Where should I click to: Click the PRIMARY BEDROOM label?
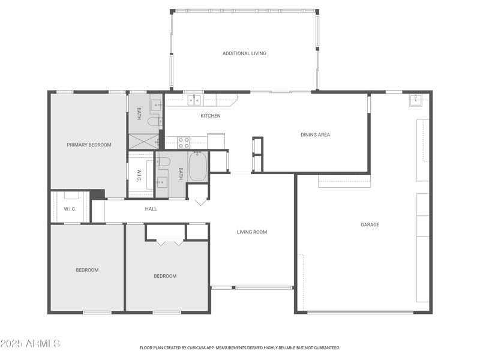point(89,145)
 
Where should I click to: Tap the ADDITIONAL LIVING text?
point(244,53)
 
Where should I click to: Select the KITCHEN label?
point(210,116)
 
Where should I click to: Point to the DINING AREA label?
point(315,135)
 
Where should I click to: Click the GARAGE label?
point(370,224)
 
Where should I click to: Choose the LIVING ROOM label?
point(251,232)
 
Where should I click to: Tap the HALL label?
point(151,209)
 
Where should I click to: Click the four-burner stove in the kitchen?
point(184,143)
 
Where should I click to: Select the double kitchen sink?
point(193,100)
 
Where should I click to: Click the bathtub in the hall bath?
point(197,167)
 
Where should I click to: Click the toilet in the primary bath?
point(154,122)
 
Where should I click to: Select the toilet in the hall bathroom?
point(164,161)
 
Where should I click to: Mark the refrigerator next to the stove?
point(216,141)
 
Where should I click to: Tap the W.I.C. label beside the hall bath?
point(139,175)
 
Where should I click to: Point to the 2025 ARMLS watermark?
point(30,344)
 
